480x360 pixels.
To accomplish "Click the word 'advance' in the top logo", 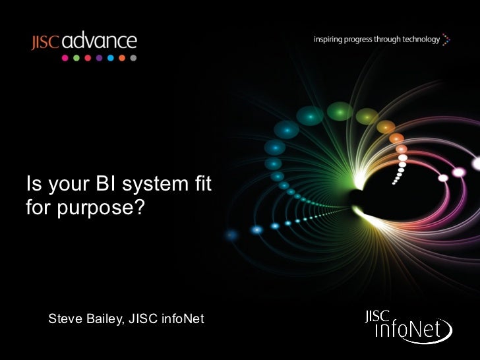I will point(100,42).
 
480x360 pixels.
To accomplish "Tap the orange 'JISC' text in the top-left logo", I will point(45,43).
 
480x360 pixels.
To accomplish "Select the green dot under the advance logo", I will point(76,58).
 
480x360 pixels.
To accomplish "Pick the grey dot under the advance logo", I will point(133,58).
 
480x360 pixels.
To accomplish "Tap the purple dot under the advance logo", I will point(99,58).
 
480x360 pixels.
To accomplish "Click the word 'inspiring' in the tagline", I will point(328,40).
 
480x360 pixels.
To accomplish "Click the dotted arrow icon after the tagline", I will point(447,40).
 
